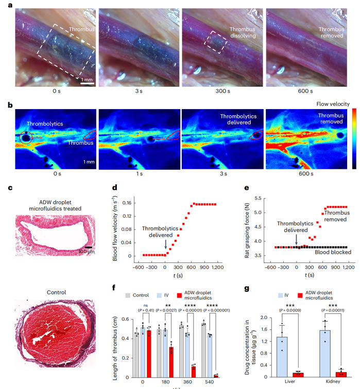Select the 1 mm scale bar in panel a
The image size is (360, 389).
[x=87, y=80]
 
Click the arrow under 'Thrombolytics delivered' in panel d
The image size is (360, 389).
[x=164, y=245]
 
